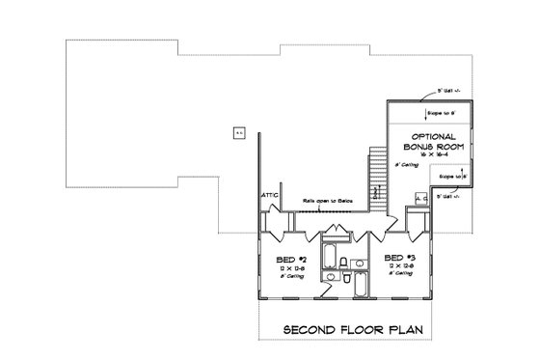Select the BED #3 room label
click(x=398, y=258)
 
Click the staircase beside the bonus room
click(x=377, y=174)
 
